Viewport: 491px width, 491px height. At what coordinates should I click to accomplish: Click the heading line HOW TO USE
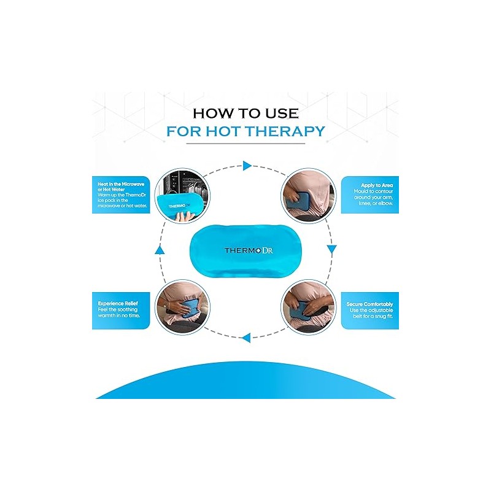coord(245,113)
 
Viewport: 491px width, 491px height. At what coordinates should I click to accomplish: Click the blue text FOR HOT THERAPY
coord(245,131)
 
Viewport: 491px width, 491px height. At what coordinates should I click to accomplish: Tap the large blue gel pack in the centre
coord(245,250)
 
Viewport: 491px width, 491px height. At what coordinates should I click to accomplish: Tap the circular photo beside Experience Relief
coord(183,306)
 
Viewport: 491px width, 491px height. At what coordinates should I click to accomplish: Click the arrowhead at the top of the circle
coord(247,166)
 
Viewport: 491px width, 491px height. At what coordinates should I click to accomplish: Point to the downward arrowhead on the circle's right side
coord(331,249)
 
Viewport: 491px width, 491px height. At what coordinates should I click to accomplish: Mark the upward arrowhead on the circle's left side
coord(159,250)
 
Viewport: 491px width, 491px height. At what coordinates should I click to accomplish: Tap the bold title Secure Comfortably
coord(369,304)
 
